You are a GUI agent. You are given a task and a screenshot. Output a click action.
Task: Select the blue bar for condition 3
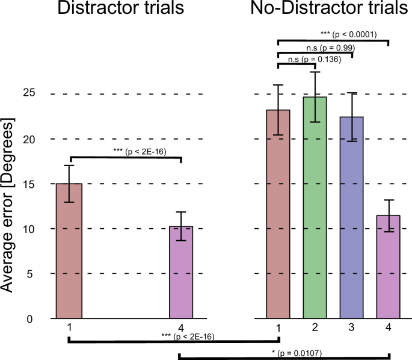pyautogui.click(x=351, y=217)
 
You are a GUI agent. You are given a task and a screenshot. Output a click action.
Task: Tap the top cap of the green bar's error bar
pyautogui.click(x=315, y=72)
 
